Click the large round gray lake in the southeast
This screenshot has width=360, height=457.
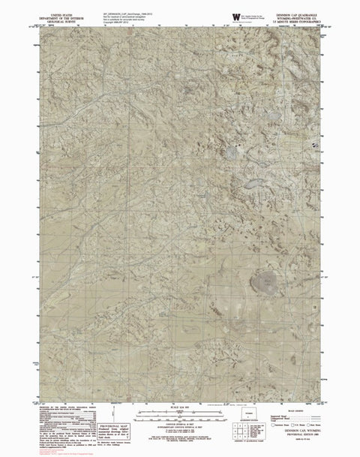(x=264, y=282)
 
